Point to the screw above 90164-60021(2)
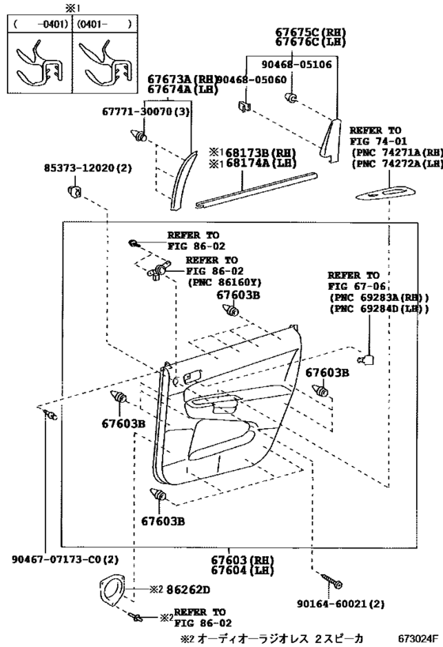pyautogui.click(x=335, y=582)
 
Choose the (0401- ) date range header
pyautogui.click(x=104, y=24)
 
